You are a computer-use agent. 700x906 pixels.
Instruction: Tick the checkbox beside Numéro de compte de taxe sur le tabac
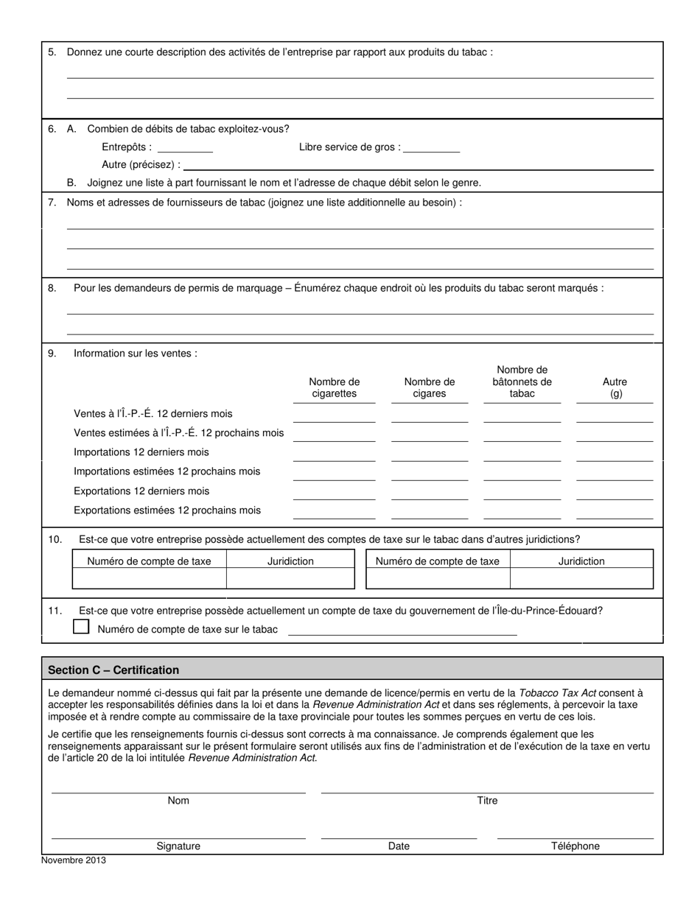tap(81, 627)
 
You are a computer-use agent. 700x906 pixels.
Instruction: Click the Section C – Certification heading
tap(113, 670)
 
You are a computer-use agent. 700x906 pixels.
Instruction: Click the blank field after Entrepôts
tap(185, 147)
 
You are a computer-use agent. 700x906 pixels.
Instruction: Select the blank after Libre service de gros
tap(432, 147)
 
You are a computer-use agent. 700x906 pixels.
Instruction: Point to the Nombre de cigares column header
tap(430, 387)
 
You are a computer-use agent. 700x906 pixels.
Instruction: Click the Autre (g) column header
tap(615, 387)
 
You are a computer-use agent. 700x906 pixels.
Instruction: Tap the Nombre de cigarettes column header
tap(335, 387)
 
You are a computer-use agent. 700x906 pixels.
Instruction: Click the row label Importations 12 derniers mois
tap(141, 452)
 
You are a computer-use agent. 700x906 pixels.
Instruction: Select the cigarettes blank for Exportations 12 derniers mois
tap(335, 494)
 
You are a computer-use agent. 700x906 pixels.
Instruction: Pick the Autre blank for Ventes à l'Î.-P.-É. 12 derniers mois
tap(615, 416)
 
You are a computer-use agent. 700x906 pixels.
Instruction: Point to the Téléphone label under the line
tap(575, 846)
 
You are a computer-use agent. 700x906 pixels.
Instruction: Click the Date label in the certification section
tap(399, 846)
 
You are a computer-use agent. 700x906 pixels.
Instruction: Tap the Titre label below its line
tap(487, 801)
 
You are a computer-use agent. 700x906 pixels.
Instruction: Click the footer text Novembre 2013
tap(74, 860)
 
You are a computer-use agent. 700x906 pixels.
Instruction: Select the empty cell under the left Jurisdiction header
tap(290, 579)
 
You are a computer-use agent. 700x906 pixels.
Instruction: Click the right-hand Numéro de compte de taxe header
tap(438, 561)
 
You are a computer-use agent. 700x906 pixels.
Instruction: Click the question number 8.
tap(52, 288)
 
